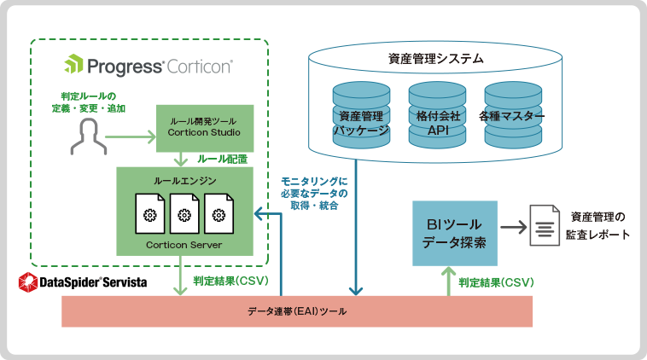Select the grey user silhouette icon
[x=87, y=136]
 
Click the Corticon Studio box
[x=205, y=127]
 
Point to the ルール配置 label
[x=223, y=159]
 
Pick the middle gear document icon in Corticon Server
[x=184, y=215]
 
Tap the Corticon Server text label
[x=184, y=244]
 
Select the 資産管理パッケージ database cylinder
[x=359, y=113]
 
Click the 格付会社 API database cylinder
[x=437, y=113]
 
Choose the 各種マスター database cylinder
[x=512, y=113]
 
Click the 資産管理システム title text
[x=436, y=59]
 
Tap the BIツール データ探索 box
[x=455, y=233]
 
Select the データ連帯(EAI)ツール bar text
[x=297, y=311]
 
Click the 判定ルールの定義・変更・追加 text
[x=88, y=102]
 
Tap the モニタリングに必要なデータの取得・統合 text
[x=314, y=193]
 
